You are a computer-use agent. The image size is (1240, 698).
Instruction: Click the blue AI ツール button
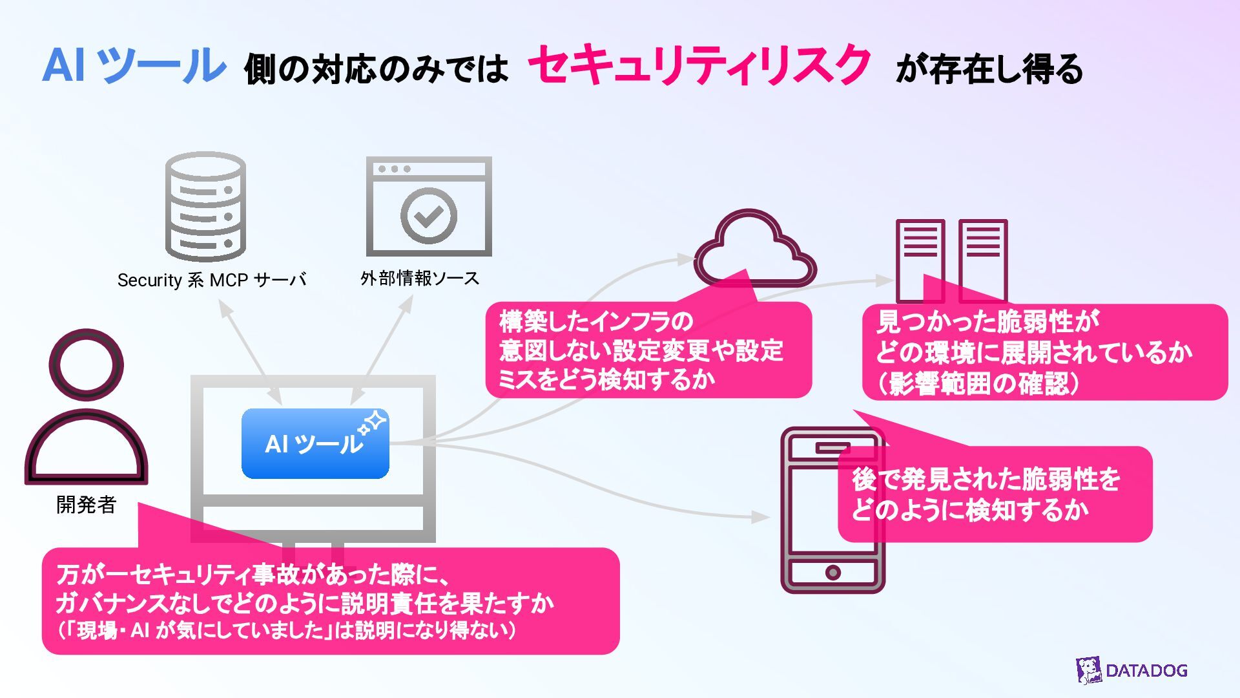pyautogui.click(x=315, y=444)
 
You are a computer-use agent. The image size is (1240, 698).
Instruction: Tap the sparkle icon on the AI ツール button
pyautogui.click(x=373, y=423)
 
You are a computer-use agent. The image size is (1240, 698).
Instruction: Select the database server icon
pyautogui.click(x=205, y=207)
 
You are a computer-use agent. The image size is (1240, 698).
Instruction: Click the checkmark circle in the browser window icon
pyautogui.click(x=428, y=216)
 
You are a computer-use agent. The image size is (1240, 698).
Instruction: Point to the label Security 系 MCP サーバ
pyautogui.click(x=211, y=280)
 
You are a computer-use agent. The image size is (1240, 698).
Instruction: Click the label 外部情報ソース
pyautogui.click(x=420, y=279)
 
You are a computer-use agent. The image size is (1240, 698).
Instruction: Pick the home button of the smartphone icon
pyautogui.click(x=833, y=572)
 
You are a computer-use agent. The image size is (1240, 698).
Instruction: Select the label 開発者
pyautogui.click(x=86, y=505)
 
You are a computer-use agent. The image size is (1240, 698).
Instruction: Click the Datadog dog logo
pyautogui.click(x=1089, y=670)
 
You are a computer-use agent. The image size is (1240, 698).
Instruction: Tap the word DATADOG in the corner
pyautogui.click(x=1146, y=670)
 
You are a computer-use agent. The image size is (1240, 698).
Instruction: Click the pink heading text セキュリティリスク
pyautogui.click(x=699, y=66)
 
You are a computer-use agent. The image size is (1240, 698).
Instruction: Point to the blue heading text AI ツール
pyautogui.click(x=134, y=66)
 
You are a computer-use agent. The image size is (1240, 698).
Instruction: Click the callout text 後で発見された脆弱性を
pyautogui.click(x=986, y=480)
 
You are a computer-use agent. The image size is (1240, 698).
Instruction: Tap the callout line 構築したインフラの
pyautogui.click(x=596, y=321)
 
